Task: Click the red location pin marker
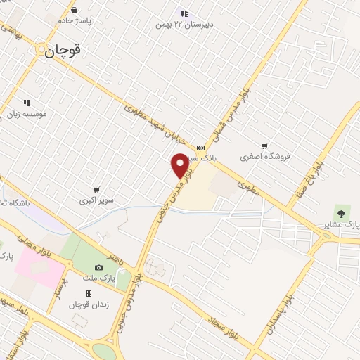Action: pyautogui.click(x=180, y=165)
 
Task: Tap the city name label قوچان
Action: pyautogui.click(x=63, y=51)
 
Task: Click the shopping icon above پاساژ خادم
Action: pyautogui.click(x=75, y=10)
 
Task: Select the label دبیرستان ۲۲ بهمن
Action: pyautogui.click(x=186, y=25)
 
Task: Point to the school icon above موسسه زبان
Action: pyautogui.click(x=27, y=103)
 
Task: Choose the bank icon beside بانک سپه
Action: pyautogui.click(x=201, y=148)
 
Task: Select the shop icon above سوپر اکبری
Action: pyautogui.click(x=96, y=189)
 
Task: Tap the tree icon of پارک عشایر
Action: pyautogui.click(x=342, y=212)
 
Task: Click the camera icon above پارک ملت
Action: pyautogui.click(x=98, y=267)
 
